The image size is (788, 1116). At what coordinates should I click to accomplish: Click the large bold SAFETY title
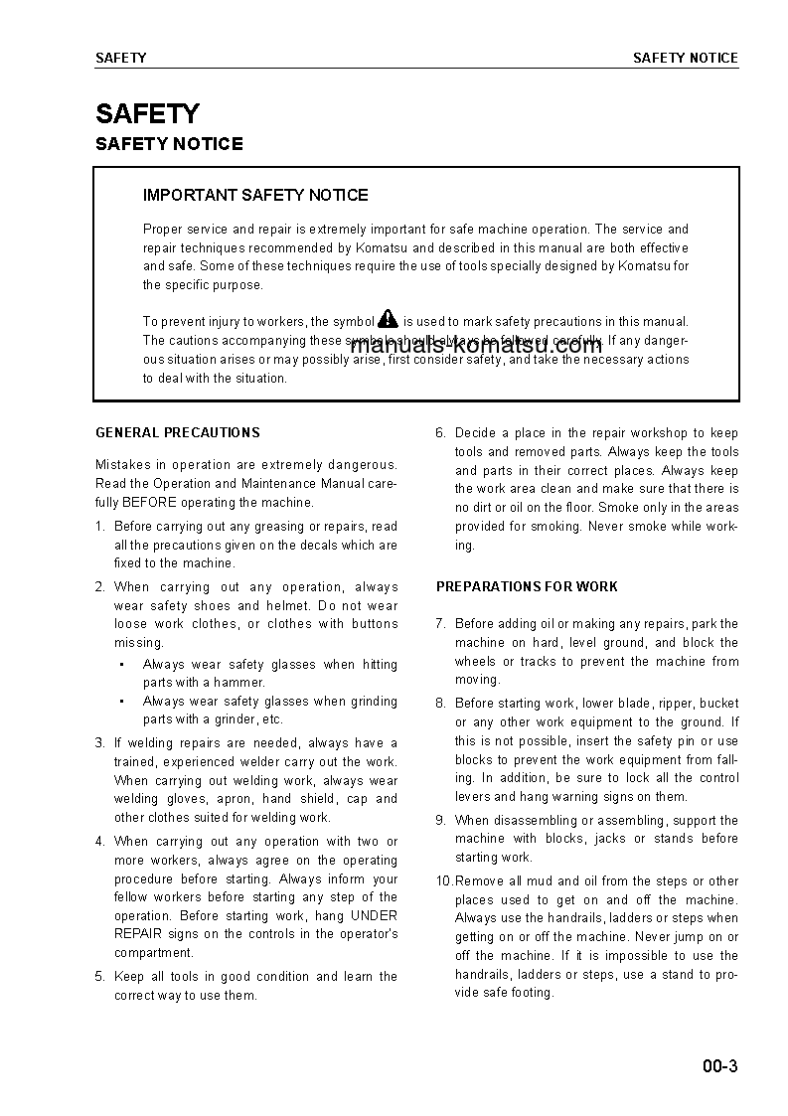pyautogui.click(x=147, y=113)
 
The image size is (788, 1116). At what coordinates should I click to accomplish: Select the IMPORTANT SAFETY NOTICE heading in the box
pyautogui.click(x=255, y=195)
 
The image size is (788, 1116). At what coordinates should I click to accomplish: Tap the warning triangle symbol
pyautogui.click(x=388, y=319)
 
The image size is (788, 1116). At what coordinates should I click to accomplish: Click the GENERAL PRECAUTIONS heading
pyautogui.click(x=178, y=432)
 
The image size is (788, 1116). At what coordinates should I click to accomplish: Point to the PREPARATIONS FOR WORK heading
pyautogui.click(x=527, y=586)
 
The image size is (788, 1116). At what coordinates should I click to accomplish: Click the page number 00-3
pyautogui.click(x=719, y=1067)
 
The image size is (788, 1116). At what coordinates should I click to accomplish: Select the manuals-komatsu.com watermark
pyautogui.click(x=476, y=346)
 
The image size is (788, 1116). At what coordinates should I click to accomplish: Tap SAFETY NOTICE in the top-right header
pyautogui.click(x=686, y=58)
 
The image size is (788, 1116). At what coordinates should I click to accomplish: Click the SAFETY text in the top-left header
pyautogui.click(x=120, y=58)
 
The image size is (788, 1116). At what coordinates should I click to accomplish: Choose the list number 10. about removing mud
pyautogui.click(x=443, y=880)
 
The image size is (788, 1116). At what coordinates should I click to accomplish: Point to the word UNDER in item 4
pyautogui.click(x=374, y=915)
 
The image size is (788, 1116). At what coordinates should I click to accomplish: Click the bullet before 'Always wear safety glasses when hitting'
pyautogui.click(x=120, y=665)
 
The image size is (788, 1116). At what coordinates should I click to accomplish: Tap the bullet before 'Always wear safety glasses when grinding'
pyautogui.click(x=120, y=702)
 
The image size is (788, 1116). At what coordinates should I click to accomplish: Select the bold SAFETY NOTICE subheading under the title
pyautogui.click(x=169, y=144)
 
